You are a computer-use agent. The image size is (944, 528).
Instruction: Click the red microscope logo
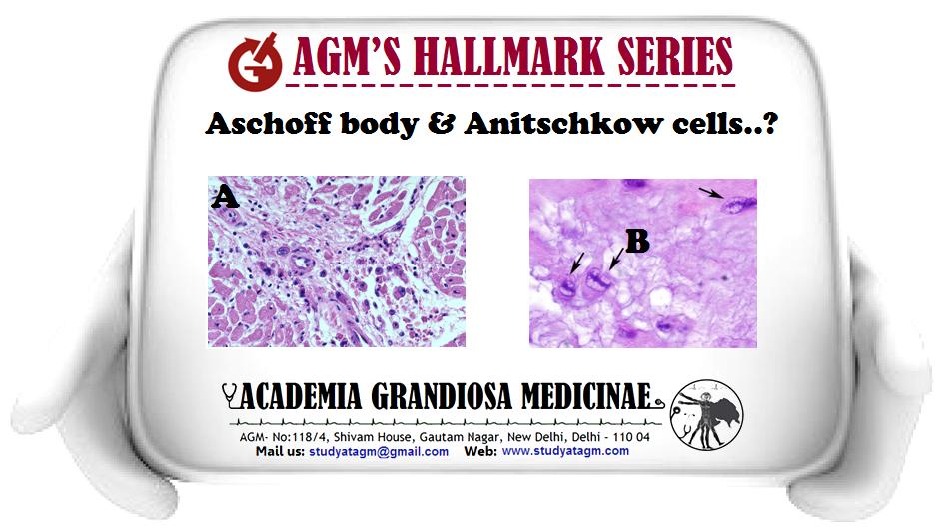(255, 61)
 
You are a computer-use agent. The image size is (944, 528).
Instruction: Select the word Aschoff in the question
(269, 124)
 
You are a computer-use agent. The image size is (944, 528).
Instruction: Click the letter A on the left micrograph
(225, 197)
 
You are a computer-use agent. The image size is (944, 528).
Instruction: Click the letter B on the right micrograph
(637, 242)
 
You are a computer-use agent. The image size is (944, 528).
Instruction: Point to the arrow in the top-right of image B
(710, 193)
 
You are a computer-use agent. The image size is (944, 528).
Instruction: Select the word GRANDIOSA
(442, 397)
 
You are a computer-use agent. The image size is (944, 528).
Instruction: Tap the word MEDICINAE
(586, 397)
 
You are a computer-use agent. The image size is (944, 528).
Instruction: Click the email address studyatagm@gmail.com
(379, 451)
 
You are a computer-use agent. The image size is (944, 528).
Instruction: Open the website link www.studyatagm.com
(566, 451)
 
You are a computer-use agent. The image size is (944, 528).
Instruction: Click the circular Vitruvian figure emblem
(707, 415)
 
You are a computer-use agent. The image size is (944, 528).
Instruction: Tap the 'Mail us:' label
(280, 451)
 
